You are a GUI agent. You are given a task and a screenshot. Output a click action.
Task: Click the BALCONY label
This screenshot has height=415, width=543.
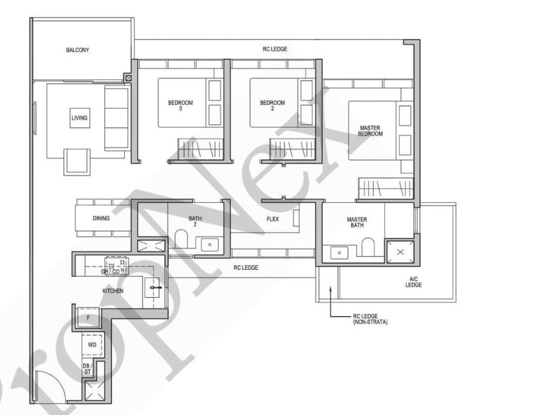tap(77, 50)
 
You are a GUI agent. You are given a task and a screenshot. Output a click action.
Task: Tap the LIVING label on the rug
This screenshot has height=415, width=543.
tap(79, 118)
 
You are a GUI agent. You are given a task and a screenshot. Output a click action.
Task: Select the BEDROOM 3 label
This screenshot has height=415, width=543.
tap(181, 106)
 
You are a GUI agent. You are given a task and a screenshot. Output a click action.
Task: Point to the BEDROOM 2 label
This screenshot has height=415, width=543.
tap(273, 106)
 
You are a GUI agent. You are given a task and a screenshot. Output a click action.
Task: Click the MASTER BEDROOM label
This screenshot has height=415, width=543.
tap(370, 131)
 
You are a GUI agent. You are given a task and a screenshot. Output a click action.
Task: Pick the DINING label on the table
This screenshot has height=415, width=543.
tap(101, 218)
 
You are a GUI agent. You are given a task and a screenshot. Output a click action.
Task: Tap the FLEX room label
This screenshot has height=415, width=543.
tap(273, 219)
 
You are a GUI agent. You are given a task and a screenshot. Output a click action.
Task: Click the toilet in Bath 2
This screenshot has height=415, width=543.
tap(181, 238)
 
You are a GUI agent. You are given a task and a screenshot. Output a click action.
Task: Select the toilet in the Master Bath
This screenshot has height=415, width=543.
tap(368, 247)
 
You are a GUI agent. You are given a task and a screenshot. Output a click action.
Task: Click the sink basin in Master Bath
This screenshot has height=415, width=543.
tap(339, 253)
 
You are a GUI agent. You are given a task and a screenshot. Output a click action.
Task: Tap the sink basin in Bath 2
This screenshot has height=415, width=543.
tap(210, 245)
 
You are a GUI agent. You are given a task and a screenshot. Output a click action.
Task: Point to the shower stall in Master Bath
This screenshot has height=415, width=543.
tap(400, 252)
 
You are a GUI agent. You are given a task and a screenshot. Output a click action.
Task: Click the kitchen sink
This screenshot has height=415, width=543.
tap(152, 288)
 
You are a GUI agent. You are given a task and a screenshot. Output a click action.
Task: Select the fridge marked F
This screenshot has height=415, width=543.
tap(88, 317)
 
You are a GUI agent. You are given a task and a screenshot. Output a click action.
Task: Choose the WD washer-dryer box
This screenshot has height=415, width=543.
tap(92, 344)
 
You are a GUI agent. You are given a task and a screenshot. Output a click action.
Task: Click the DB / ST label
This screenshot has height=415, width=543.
tap(87, 369)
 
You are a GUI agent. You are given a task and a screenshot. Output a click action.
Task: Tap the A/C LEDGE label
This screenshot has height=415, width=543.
tap(413, 282)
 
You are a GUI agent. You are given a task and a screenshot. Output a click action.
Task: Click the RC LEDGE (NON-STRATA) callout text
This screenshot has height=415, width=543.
tap(370, 319)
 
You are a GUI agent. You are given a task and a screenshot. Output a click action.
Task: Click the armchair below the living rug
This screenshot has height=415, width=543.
tap(77, 162)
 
